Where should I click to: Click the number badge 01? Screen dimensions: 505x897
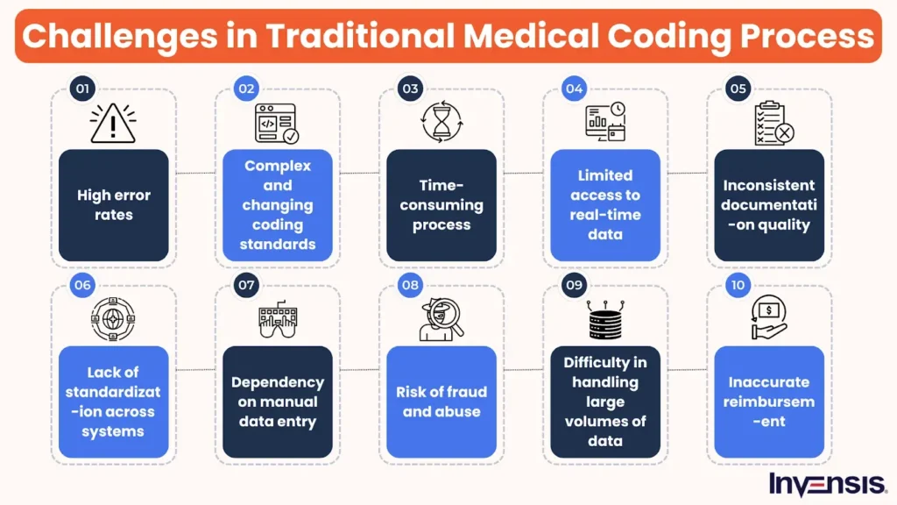[x=82, y=89]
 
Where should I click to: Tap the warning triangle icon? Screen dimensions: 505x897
[x=113, y=123]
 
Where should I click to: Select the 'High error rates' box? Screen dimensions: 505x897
[x=113, y=205]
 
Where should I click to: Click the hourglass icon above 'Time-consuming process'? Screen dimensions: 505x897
[x=441, y=123]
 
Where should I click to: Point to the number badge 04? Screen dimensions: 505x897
[x=574, y=89]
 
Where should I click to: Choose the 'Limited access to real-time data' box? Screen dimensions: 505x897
[x=605, y=205]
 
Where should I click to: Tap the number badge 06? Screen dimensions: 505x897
[x=82, y=286]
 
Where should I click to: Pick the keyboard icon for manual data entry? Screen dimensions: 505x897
[x=277, y=321]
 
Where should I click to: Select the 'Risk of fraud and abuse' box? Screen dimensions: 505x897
[x=441, y=402]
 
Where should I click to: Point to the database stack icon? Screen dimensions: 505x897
[x=605, y=320]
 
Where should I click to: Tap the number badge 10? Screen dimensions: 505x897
[x=738, y=286]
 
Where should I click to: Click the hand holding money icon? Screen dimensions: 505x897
[x=769, y=318]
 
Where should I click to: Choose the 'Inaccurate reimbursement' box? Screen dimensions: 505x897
[x=769, y=402]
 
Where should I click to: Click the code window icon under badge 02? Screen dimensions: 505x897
[x=277, y=124]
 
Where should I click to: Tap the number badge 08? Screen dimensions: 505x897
[x=410, y=286]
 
